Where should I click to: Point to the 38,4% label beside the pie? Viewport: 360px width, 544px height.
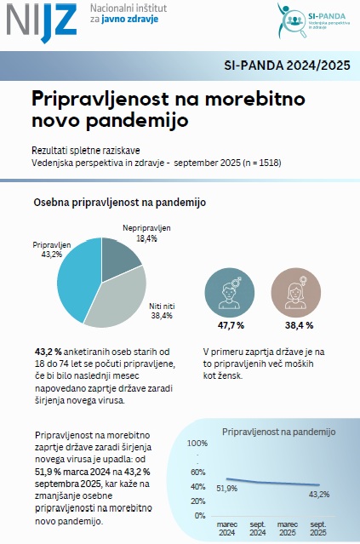tap(161, 315)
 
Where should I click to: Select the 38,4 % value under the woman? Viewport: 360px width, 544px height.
tap(297, 325)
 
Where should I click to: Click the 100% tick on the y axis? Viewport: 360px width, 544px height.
tap(197, 444)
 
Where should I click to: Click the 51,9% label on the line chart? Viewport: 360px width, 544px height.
tap(226, 489)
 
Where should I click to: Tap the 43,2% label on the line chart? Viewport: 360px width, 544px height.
tap(318, 494)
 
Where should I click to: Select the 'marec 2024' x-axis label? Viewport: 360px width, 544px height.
tap(226, 528)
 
